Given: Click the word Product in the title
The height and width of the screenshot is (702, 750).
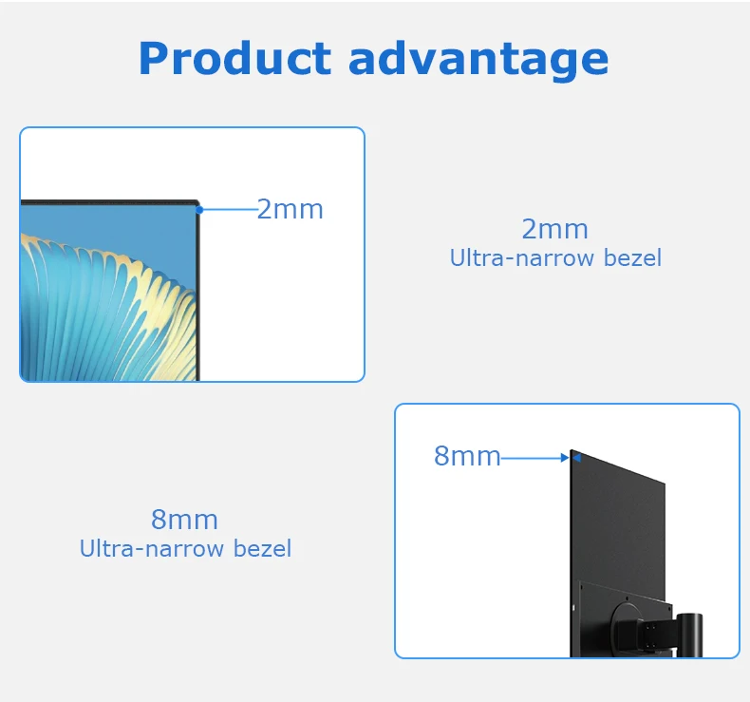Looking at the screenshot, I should (x=235, y=59).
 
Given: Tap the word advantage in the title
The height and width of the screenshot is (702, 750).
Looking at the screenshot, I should (x=478, y=59).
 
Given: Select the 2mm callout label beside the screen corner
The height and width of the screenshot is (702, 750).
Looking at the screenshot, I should (x=290, y=209).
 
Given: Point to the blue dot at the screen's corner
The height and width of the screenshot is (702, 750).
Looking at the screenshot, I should (x=199, y=209).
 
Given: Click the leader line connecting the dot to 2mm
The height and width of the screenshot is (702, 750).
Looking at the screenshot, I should (x=228, y=209).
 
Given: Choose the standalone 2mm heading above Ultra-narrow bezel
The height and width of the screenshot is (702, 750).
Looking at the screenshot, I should (x=554, y=229).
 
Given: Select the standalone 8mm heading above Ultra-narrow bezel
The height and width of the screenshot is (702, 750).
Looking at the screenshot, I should (x=184, y=520).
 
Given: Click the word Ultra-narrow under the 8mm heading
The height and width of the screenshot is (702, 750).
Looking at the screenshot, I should (x=141, y=548).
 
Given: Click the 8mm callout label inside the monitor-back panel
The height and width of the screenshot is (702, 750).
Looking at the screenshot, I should (x=466, y=456).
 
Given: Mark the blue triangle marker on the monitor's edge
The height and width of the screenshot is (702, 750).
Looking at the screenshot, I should (x=575, y=458).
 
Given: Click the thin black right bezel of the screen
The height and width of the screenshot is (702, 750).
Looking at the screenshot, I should (x=197, y=294).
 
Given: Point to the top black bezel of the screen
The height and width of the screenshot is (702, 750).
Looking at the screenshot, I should (x=104, y=202).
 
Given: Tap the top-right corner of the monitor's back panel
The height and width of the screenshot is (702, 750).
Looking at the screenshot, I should (x=663, y=484).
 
